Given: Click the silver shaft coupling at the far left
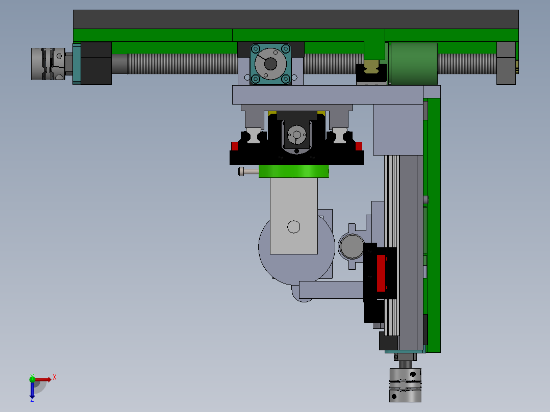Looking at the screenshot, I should [47, 63].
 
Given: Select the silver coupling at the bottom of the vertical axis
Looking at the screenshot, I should [406, 384].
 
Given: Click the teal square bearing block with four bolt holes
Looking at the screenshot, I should [270, 64].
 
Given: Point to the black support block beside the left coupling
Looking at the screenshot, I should [96, 63].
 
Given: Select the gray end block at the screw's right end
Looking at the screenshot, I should [506, 63].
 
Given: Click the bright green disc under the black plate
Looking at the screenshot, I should [293, 172].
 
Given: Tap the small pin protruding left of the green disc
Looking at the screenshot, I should [248, 172].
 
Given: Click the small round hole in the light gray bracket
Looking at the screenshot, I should [293, 226].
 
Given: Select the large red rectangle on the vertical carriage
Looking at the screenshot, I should [381, 273].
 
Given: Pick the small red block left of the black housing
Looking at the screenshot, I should [235, 147].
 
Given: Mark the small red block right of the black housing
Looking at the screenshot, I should [359, 147].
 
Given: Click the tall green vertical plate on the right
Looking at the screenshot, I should [434, 224].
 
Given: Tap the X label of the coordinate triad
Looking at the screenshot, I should [54, 377].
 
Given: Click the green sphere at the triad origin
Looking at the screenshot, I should [33, 379].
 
